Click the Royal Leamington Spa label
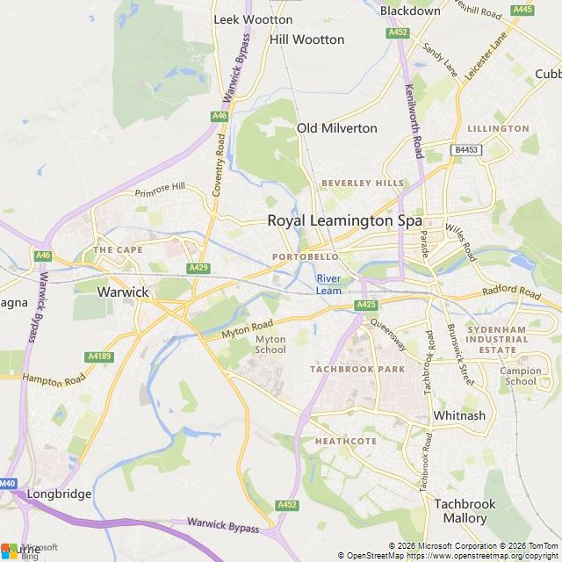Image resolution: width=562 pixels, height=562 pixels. pos(344,221)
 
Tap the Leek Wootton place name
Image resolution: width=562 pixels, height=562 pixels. pos(254,18)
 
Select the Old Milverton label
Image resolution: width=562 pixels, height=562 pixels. pos(336,128)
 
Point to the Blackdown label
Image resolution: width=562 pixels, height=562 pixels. pos(410,11)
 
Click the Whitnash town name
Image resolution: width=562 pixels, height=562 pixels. pos(459,415)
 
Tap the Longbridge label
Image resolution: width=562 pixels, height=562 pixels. pos(59,494)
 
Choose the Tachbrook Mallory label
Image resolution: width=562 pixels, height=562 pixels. pos(465,511)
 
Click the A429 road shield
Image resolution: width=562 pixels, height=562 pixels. pos(198,268)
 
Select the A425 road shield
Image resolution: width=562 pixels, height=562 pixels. pos(366,305)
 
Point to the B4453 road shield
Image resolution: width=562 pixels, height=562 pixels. pos(466,150)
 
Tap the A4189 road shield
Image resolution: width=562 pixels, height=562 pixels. pos(98,357)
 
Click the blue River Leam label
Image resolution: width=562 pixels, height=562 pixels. pos(328,285)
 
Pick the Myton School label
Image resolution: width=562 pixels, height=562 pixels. pos(270,344)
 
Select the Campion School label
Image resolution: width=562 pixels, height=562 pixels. pos(521,376)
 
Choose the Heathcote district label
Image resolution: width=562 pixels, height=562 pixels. pos(345,441)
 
